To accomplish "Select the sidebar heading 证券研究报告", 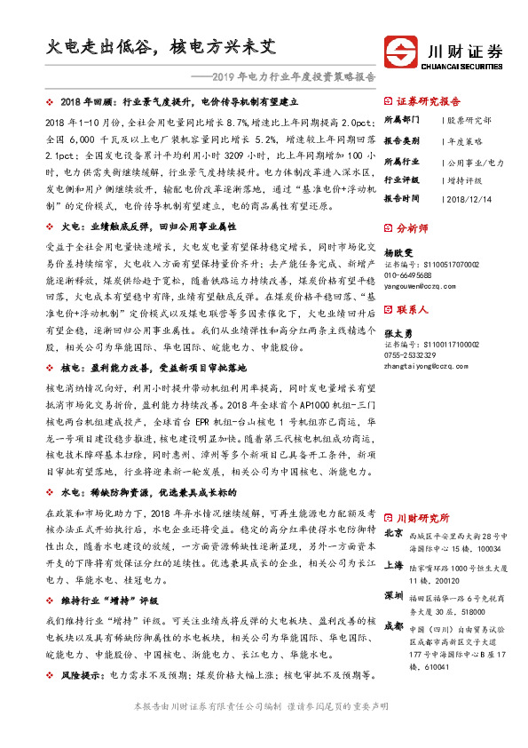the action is pyautogui.click(x=428, y=101).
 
